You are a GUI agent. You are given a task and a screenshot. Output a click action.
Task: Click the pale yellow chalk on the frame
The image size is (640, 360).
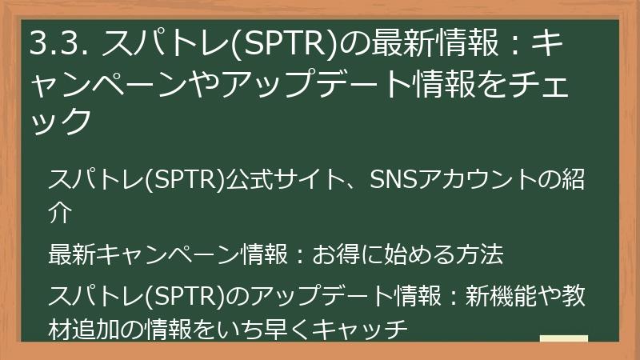[x=564, y=339]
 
